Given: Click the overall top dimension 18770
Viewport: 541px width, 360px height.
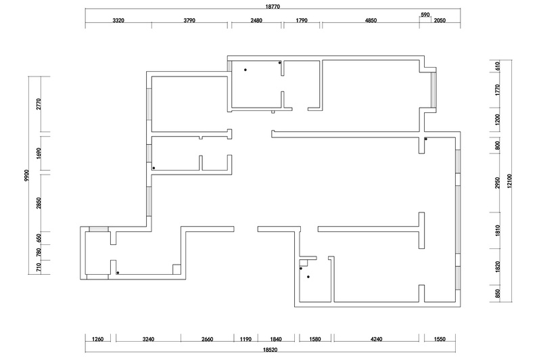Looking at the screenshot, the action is click(x=273, y=7).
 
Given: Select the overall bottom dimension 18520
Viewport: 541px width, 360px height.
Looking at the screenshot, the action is click(x=270, y=350).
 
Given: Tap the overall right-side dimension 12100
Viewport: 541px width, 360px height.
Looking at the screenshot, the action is click(x=510, y=181).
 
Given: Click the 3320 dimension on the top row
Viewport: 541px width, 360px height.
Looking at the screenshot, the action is click(x=118, y=20).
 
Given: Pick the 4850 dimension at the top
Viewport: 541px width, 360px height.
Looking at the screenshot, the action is click(x=371, y=20).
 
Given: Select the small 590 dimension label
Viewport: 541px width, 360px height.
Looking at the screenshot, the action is click(x=425, y=15).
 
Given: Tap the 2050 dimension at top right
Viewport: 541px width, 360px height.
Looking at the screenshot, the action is click(x=440, y=20).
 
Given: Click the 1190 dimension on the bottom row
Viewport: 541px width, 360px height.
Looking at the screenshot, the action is click(x=245, y=339).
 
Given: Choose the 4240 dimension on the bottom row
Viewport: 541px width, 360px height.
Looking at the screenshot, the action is click(x=377, y=339).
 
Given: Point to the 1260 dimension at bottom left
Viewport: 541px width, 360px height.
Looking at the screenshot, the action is click(x=97, y=339).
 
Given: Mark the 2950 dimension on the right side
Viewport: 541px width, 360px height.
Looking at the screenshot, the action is click(x=497, y=183).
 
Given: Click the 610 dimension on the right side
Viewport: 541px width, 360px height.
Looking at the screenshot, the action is click(x=497, y=66).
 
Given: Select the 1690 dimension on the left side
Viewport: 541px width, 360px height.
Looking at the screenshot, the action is click(x=39, y=153).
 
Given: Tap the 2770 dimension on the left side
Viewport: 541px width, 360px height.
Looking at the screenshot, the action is click(x=39, y=104).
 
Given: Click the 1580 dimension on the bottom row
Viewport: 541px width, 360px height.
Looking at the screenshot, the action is click(x=315, y=339).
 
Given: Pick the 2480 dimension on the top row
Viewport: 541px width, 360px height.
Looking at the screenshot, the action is click(x=256, y=20).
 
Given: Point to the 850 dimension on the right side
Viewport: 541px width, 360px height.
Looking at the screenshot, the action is click(x=497, y=294).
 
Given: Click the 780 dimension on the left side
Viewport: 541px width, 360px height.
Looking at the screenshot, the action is click(x=39, y=252).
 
